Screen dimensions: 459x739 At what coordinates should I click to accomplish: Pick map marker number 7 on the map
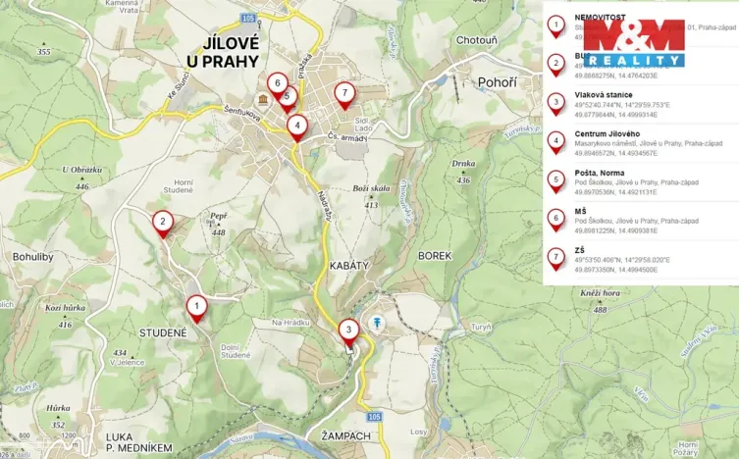pos(343,94)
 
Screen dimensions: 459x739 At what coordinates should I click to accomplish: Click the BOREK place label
pos(435,255)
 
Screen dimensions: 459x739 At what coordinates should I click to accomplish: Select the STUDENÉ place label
pos(162,332)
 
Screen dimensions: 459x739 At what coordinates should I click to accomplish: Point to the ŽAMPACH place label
pos(344,433)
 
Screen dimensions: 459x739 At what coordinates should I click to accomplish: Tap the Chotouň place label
pos(478,41)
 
